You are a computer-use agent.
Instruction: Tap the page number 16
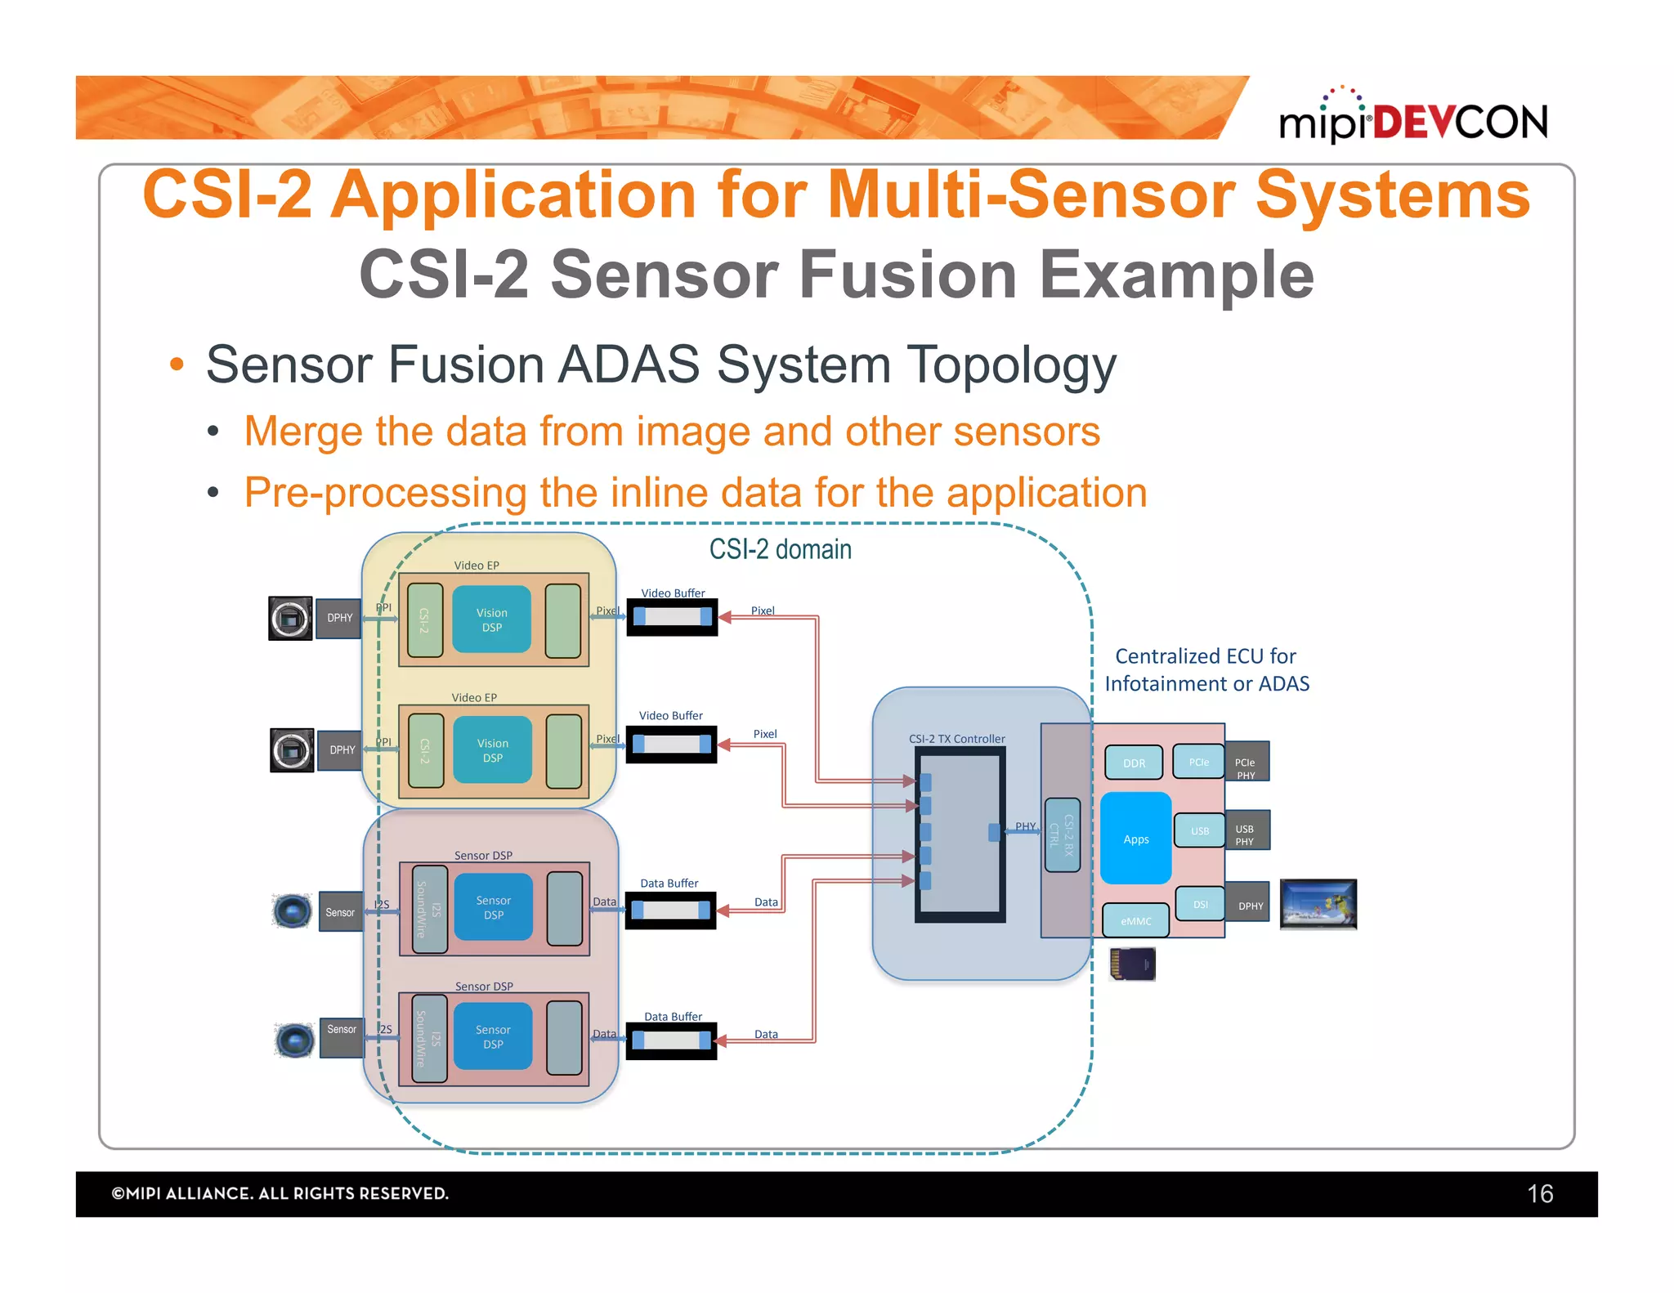[1539, 1193]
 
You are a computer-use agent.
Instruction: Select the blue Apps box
[1135, 839]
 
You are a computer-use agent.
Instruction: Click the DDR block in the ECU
[1134, 763]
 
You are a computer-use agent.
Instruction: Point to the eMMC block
[1135, 920]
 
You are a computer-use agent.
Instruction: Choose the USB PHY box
[1246, 831]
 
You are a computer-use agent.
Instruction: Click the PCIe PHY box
[1246, 763]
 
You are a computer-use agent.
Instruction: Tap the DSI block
[1200, 904]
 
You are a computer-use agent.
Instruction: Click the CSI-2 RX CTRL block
[1062, 834]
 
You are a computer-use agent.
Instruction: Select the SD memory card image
[1132, 964]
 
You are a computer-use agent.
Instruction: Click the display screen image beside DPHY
[1318, 904]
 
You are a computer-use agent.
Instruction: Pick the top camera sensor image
[290, 618]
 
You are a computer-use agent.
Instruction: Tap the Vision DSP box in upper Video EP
[491, 620]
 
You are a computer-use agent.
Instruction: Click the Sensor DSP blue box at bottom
[493, 1036]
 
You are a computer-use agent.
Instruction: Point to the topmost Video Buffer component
[671, 617]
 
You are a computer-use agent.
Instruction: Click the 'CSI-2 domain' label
[780, 549]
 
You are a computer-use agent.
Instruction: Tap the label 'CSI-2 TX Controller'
[956, 739]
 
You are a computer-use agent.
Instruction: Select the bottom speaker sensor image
[294, 1040]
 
